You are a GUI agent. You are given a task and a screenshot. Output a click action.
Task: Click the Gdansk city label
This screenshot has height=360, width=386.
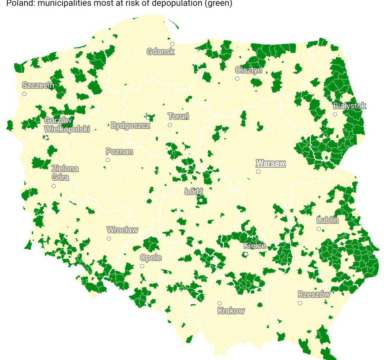(160, 52)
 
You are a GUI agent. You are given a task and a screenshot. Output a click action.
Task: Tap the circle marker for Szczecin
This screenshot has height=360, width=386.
(24, 94)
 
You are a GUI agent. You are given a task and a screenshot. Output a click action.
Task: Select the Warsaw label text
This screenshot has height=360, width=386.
(270, 163)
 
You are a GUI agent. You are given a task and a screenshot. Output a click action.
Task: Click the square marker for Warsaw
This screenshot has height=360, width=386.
(258, 172)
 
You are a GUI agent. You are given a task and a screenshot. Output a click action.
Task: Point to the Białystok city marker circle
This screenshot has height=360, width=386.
(335, 114)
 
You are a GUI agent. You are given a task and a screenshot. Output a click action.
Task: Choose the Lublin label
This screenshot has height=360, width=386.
(328, 220)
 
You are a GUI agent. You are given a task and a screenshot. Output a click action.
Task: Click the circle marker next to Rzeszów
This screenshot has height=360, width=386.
(300, 303)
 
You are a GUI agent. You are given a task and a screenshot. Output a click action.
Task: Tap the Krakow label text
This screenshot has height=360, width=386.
(231, 311)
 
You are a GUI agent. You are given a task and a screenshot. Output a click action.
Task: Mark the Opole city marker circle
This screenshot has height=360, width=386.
(142, 266)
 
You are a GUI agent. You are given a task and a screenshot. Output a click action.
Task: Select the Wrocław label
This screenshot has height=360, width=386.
(122, 230)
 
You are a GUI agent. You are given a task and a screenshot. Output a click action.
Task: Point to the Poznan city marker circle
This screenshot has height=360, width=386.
(108, 160)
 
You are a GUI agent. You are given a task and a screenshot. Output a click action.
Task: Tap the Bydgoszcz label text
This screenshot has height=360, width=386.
(130, 126)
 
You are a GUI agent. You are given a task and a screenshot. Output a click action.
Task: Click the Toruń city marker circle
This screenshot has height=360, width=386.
(170, 125)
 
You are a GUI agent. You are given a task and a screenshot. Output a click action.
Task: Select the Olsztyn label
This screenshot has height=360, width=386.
(249, 70)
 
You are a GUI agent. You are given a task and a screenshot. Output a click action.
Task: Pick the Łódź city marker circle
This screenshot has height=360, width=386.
(201, 200)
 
